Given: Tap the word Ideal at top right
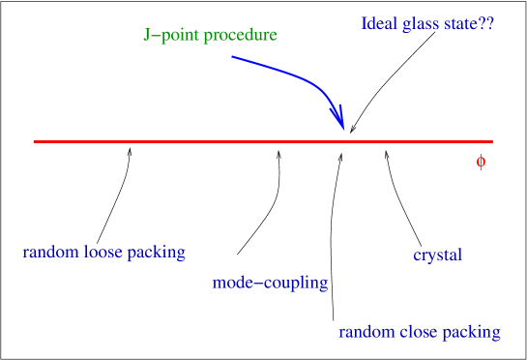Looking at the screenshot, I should pyautogui.click(x=377, y=24).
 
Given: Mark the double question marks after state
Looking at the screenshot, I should pyautogui.click(x=486, y=24).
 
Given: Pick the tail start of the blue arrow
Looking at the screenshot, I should pyautogui.click(x=233, y=57).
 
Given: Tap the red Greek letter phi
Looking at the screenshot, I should pyautogui.click(x=481, y=163).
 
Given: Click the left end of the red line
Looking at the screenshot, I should pyautogui.click(x=34, y=141).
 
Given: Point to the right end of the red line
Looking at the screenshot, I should pyautogui.click(x=492, y=141).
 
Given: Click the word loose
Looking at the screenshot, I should pyautogui.click(x=102, y=254).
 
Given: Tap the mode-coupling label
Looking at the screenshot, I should pyautogui.click(x=270, y=284).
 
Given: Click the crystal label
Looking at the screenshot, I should pyautogui.click(x=437, y=255).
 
